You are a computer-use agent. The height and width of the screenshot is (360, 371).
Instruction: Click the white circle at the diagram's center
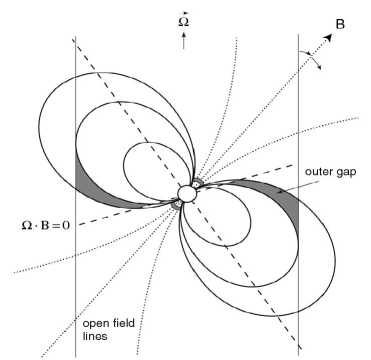(186, 193)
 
